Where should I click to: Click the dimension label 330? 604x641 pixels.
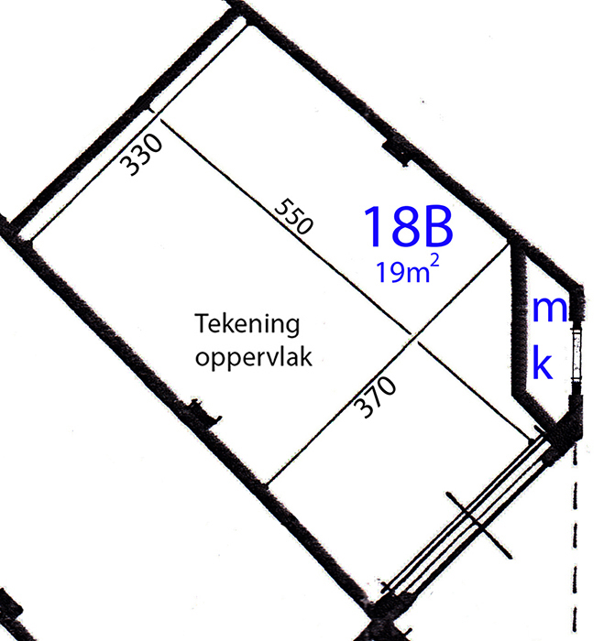tap(141, 155)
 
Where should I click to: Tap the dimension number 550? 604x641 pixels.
tap(294, 217)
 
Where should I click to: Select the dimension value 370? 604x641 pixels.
tap(375, 397)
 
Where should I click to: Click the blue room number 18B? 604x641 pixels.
tap(408, 226)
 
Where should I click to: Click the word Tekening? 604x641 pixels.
tap(247, 324)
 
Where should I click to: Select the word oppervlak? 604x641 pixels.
tap(254, 358)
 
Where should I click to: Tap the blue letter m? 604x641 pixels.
tap(550, 310)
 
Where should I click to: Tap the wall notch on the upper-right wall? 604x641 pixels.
tap(396, 153)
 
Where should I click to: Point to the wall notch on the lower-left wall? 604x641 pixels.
tap(205, 413)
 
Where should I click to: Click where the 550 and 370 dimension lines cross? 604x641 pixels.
tap(414, 337)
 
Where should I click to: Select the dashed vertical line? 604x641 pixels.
tap(576, 539)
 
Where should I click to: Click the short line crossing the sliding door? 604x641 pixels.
tap(478, 526)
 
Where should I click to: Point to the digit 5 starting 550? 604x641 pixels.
tap(282, 206)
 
